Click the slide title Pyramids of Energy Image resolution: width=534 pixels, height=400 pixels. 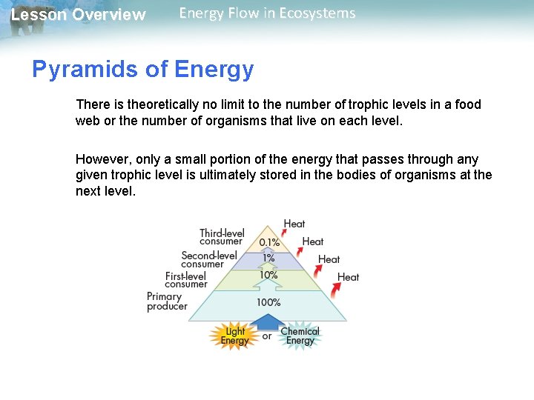pos(142,70)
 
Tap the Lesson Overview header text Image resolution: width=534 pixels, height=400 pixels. pos(79,15)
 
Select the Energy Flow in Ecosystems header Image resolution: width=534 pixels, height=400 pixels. pos(267,13)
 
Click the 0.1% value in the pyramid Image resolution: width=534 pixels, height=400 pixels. pos(269,242)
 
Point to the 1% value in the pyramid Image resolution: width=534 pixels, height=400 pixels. pos(268,259)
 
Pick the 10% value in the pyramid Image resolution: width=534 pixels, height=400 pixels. pos(268,275)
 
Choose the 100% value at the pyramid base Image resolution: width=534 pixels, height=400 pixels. pos(268,302)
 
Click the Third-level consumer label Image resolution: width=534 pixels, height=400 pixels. pos(222,237)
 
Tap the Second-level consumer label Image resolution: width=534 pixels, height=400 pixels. pos(209,259)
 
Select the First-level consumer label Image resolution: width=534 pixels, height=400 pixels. pos(186,280)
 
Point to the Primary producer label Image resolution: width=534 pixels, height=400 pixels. pos(167,301)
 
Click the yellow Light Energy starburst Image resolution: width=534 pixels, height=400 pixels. pos(234,336)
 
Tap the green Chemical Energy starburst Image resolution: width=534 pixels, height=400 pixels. pos(300,336)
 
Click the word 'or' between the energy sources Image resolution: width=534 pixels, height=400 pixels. pos(267,337)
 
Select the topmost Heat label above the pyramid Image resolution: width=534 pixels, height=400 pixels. pos(294,224)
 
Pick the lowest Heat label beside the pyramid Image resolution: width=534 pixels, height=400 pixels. pos(348,277)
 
